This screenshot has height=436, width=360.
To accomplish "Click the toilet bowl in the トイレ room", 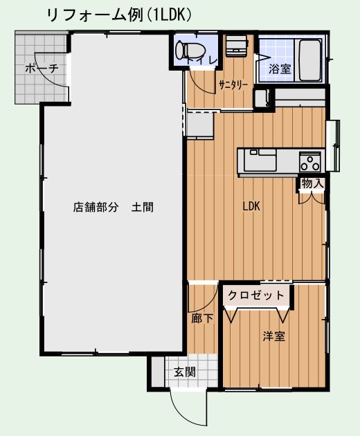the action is (x=190, y=51).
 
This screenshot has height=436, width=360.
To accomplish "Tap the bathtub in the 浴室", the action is (x=310, y=60).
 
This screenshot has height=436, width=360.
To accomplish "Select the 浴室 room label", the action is (x=280, y=69).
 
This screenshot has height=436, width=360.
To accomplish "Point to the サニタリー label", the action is (x=233, y=84).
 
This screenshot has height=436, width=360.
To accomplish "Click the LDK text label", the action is (x=251, y=206).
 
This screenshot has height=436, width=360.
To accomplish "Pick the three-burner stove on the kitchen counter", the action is (x=310, y=162).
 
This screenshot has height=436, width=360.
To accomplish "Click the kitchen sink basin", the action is (x=260, y=160).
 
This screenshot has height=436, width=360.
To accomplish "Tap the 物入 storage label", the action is (x=312, y=183).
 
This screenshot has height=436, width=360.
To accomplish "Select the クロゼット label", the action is (x=256, y=295).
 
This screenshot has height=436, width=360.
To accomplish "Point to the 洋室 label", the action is (x=274, y=336).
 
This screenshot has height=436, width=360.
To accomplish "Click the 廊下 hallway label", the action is (x=202, y=318).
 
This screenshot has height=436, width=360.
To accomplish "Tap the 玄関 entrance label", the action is (x=185, y=372).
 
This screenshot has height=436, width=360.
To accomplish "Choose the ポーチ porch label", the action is (x=42, y=68).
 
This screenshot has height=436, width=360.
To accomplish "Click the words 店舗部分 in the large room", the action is (x=96, y=207).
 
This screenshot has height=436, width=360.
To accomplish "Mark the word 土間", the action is (x=143, y=207).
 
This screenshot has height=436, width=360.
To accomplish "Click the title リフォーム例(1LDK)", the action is (x=120, y=15).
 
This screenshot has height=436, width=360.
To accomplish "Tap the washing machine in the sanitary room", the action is (x=237, y=46).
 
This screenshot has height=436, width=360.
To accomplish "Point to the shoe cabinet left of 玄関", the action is (x=158, y=372).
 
